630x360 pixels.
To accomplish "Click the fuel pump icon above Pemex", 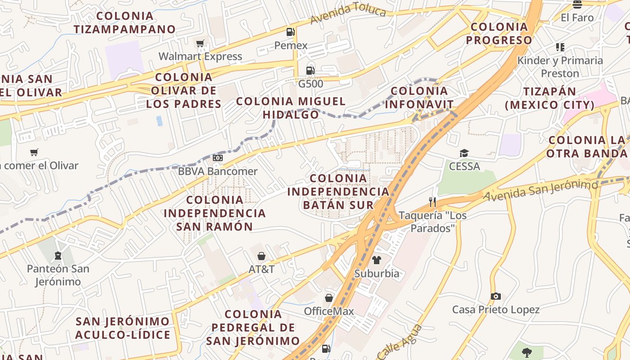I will point(291,31).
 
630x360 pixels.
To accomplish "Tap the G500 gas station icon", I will point(310,70).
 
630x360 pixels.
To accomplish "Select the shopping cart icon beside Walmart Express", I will point(200,43).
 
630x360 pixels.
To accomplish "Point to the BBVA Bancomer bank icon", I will point(218,158).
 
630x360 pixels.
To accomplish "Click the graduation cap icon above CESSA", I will point(464,153).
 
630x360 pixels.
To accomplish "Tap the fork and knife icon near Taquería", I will point(432,202).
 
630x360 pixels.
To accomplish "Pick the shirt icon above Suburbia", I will point(376,260).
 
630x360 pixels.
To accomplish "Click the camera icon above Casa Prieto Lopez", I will point(495,296).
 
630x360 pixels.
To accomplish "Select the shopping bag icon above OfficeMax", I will point(329,298).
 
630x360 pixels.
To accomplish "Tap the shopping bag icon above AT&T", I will point(261,256).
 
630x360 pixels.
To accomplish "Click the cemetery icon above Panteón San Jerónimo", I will point(58,256).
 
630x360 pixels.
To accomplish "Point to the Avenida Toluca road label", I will point(348,14).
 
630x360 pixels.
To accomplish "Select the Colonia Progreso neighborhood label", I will point(499,33).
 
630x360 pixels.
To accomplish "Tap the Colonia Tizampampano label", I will point(125,22).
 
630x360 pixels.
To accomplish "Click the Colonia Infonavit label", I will point(419,98).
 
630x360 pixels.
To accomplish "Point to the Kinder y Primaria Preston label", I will point(560,67).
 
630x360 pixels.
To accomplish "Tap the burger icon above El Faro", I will point(577,4).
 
